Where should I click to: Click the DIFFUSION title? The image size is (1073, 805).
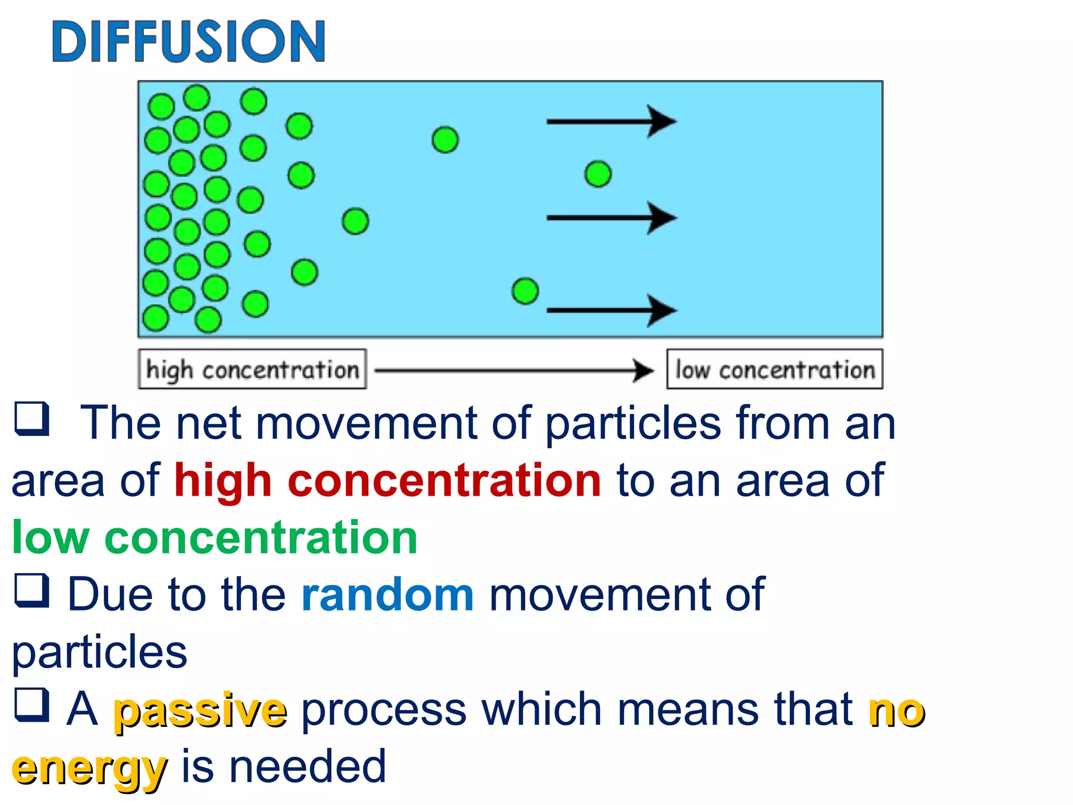(x=189, y=42)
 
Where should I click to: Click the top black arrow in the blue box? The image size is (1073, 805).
(x=610, y=122)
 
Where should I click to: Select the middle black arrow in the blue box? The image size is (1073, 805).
(x=610, y=217)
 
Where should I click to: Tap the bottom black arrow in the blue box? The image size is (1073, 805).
(x=610, y=310)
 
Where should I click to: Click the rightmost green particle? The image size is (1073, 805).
(x=598, y=174)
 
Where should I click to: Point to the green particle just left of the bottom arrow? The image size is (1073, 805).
(x=525, y=291)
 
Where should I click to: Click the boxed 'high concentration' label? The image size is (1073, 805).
(x=252, y=369)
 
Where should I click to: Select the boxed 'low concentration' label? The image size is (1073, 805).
(x=774, y=369)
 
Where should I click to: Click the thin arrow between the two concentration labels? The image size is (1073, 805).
(x=513, y=371)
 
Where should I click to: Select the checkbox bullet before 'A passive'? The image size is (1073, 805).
(x=32, y=704)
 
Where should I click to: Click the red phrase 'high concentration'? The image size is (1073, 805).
(x=388, y=481)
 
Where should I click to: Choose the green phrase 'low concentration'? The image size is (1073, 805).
(x=215, y=538)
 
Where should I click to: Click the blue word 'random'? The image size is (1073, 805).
(x=388, y=595)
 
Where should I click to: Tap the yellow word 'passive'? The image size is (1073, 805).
(x=201, y=711)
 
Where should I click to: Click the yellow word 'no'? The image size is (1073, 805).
(x=896, y=711)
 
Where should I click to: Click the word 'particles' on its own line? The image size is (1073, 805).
(x=100, y=652)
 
